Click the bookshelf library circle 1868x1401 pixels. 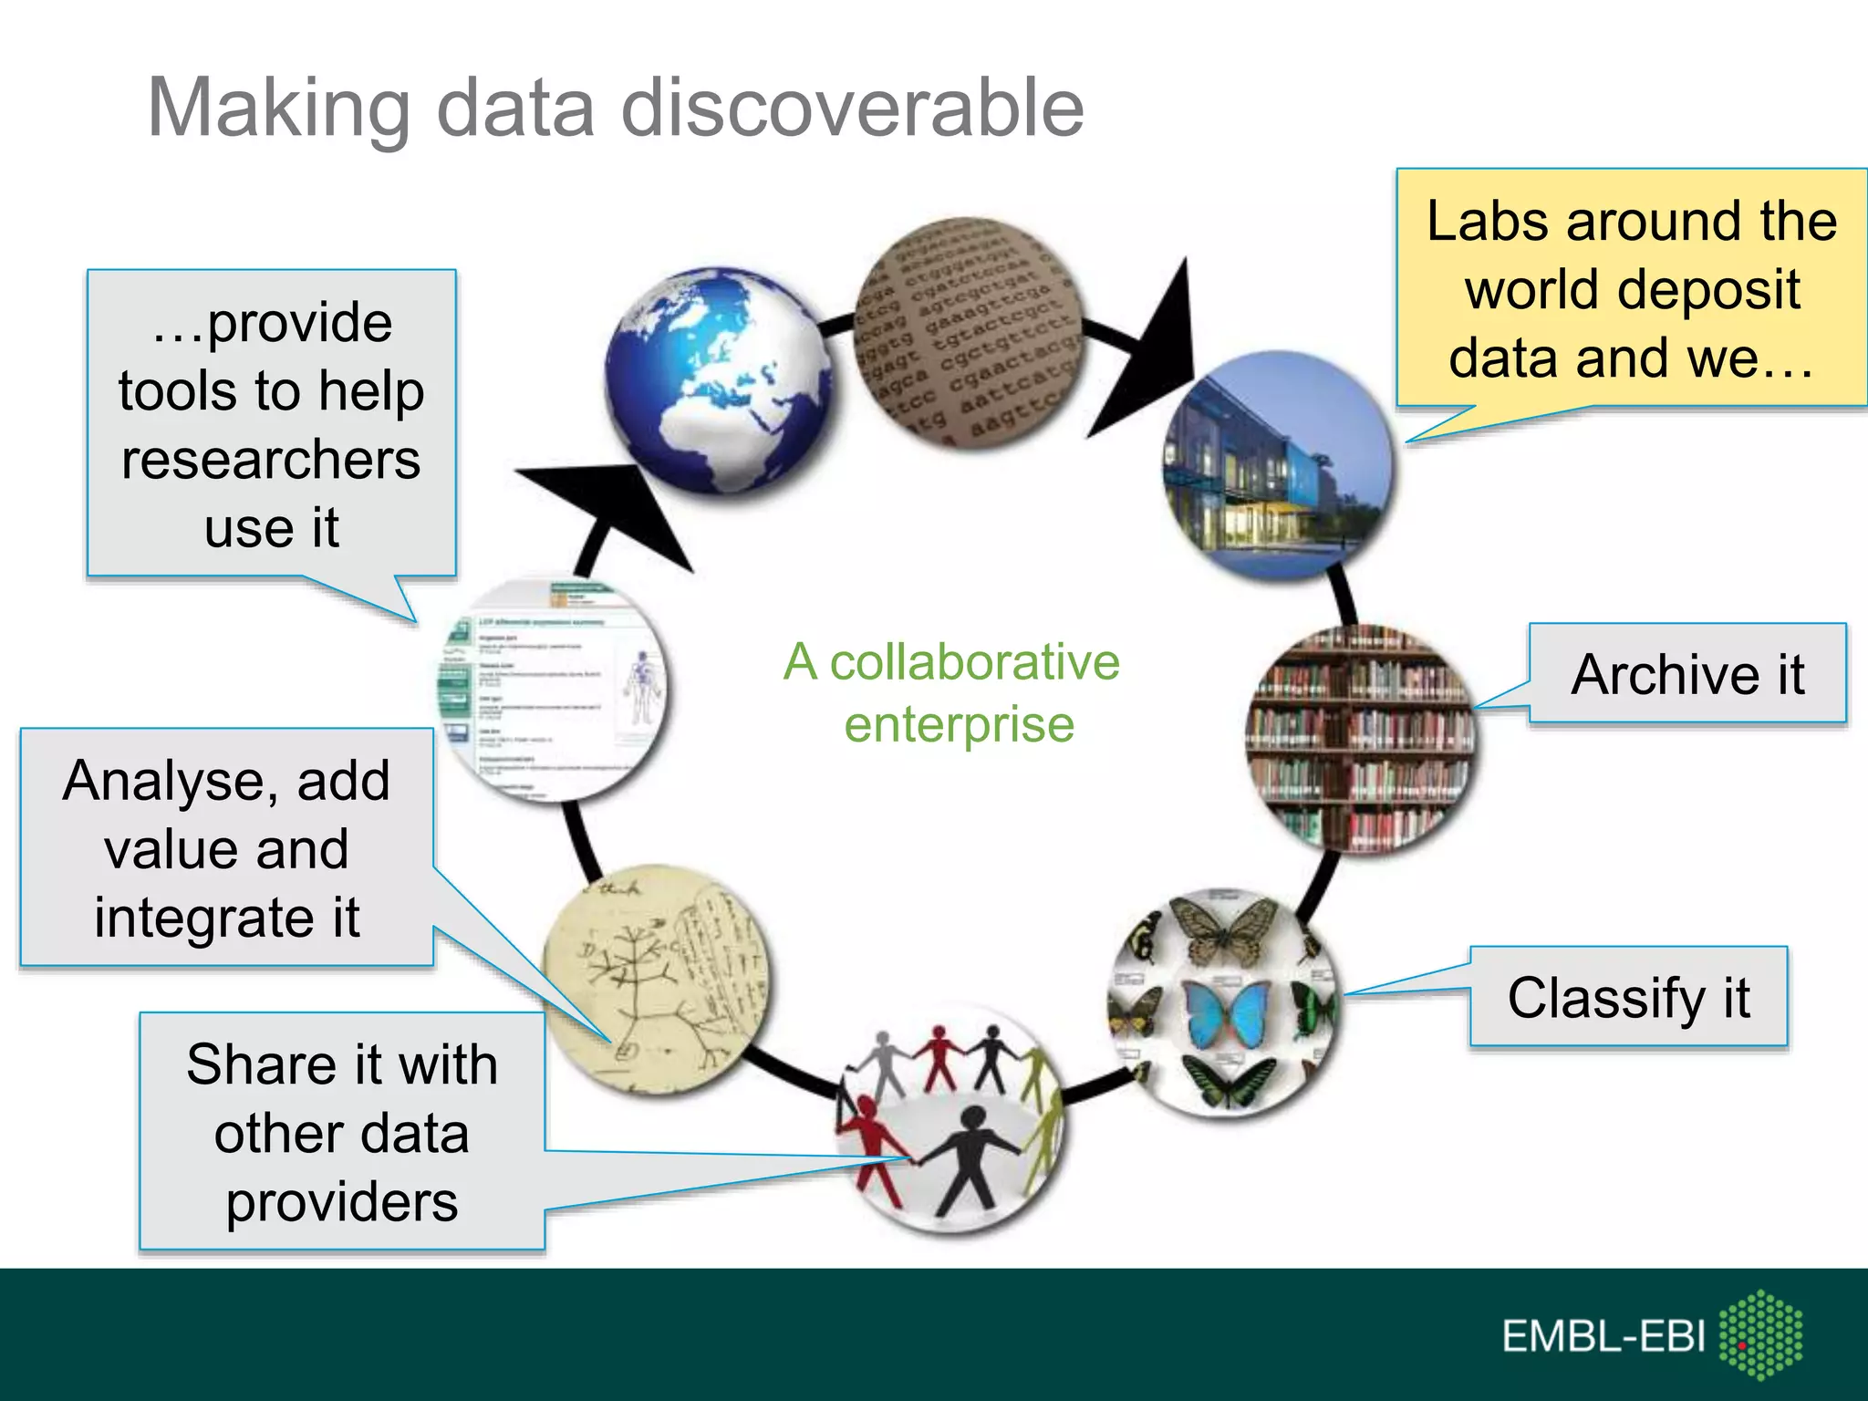[1359, 739]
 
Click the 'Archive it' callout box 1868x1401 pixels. [1687, 674]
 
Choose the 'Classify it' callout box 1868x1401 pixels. [1628, 997]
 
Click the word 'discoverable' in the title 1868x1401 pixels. [852, 108]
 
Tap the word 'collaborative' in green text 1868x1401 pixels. [974, 662]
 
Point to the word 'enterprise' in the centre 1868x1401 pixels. [959, 725]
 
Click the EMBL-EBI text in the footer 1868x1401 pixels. [1603, 1336]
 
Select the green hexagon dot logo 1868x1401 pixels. [1760, 1334]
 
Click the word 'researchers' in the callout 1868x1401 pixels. [271, 459]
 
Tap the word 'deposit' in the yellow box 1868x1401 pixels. [1633, 290]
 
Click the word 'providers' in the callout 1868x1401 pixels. [342, 1202]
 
